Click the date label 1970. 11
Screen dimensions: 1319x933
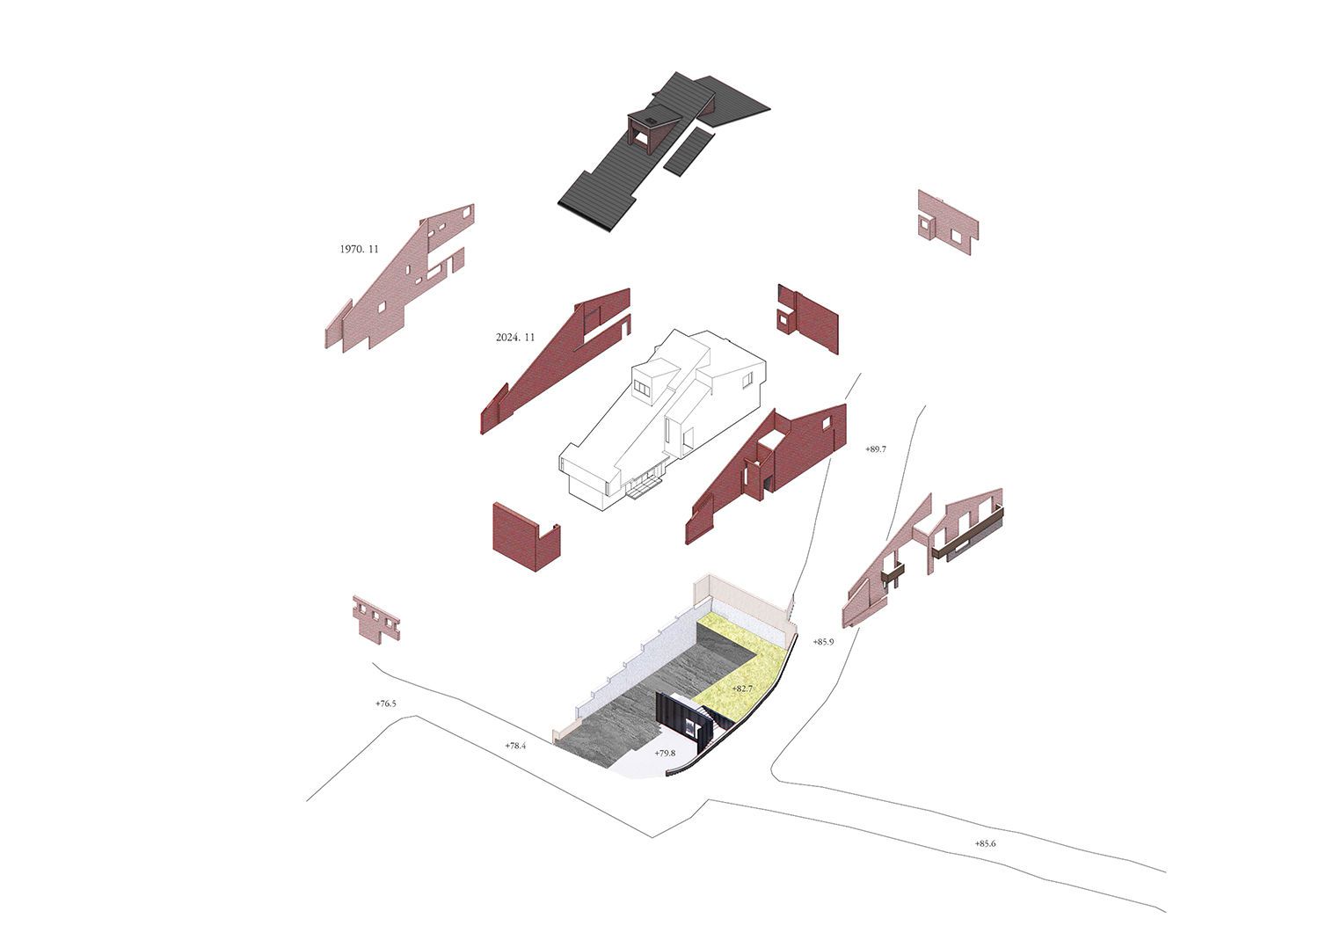pyautogui.click(x=359, y=249)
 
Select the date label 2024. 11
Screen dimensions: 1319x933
pyautogui.click(x=515, y=338)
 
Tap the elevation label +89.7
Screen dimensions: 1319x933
pyautogui.click(x=876, y=448)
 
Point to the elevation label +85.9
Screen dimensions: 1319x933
pyautogui.click(x=823, y=642)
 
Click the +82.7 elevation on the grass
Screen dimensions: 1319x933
pyautogui.click(x=742, y=688)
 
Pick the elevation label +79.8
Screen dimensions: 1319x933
pyautogui.click(x=665, y=753)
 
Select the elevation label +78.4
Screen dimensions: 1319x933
pyautogui.click(x=515, y=746)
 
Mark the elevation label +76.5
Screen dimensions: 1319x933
pyautogui.click(x=386, y=703)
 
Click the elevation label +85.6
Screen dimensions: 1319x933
pyautogui.click(x=985, y=843)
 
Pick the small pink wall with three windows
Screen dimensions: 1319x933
pyautogui.click(x=376, y=618)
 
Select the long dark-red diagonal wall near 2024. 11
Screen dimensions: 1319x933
pyautogui.click(x=555, y=361)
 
